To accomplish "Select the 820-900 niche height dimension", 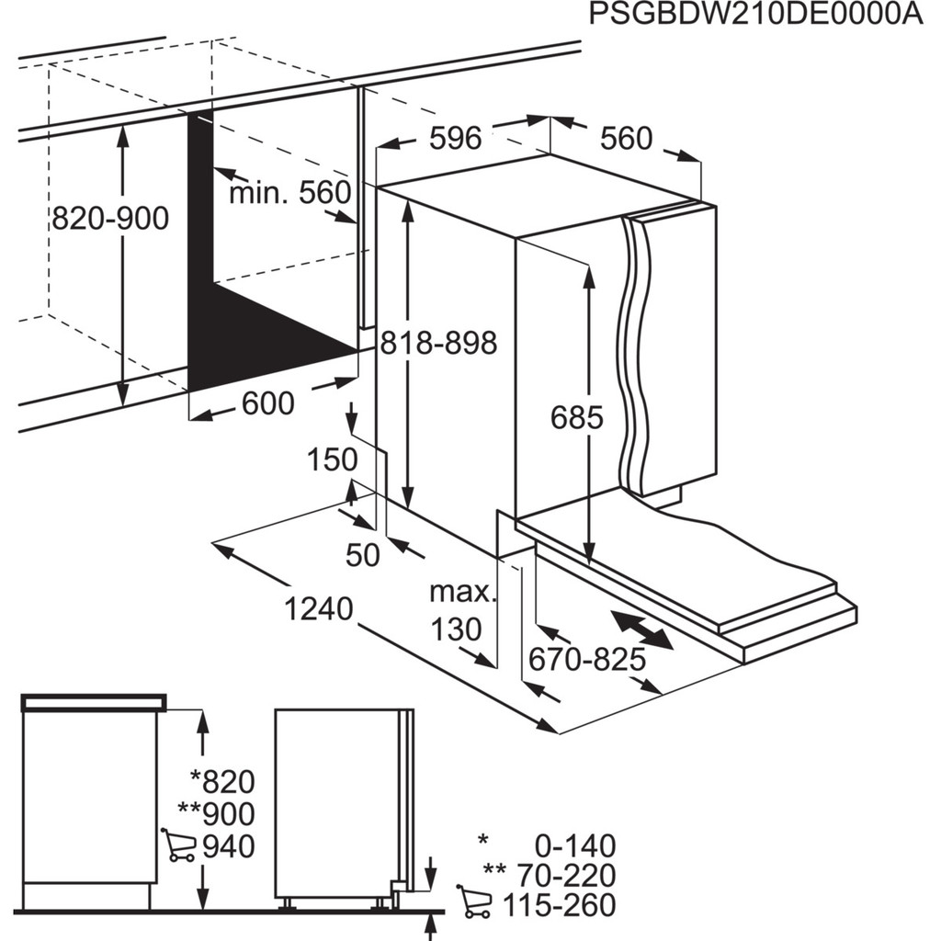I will pyautogui.click(x=110, y=218).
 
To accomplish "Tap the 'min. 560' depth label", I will pyautogui.click(x=289, y=192).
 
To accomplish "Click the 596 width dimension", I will pyautogui.click(x=456, y=138).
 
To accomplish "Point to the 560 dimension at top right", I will pyautogui.click(x=626, y=138).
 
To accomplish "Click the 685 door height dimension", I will pyautogui.click(x=577, y=417).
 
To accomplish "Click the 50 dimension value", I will pyautogui.click(x=363, y=555).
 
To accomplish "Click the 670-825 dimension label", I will pyautogui.click(x=587, y=659).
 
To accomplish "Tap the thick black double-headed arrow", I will pyautogui.click(x=642, y=631).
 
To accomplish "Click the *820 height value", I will pyautogui.click(x=222, y=782).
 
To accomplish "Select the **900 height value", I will pyautogui.click(x=222, y=813).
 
